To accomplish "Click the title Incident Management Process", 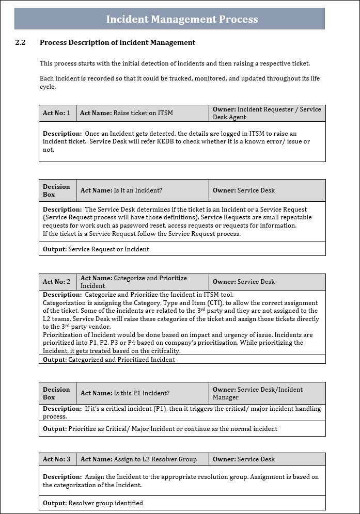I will coord(182,20).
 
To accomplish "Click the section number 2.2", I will coord(21,42).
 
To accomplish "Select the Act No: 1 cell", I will coord(57,113).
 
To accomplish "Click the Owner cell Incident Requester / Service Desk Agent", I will coord(267,113).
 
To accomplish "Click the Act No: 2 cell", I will coord(57,282).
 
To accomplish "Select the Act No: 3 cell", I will coord(57,459).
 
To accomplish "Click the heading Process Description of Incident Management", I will coord(117,42).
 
